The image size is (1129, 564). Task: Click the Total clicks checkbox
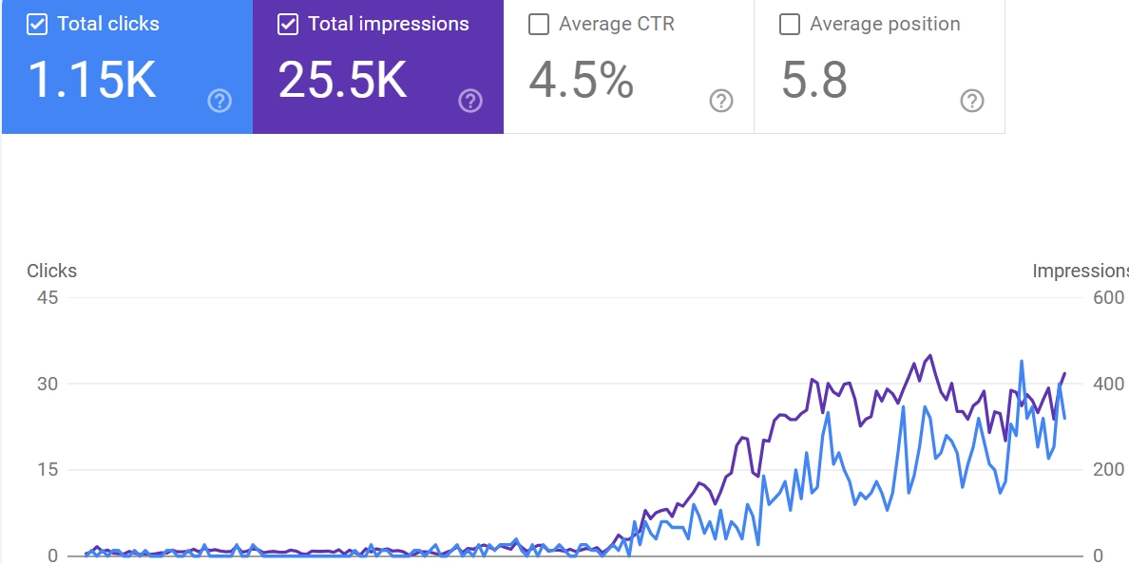click(37, 25)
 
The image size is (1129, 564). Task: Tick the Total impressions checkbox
click(288, 25)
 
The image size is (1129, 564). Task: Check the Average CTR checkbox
click(539, 25)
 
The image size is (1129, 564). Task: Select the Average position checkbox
click(790, 25)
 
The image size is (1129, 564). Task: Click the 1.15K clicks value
click(91, 80)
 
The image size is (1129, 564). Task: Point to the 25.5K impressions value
click(342, 80)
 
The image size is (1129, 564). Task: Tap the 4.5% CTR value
click(581, 80)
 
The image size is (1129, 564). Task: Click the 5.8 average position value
click(814, 80)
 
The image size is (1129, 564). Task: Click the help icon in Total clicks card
click(220, 101)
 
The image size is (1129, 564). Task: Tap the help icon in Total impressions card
click(470, 101)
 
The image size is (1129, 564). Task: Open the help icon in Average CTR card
click(721, 101)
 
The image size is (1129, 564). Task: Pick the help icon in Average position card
click(972, 101)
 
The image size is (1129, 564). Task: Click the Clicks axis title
click(51, 272)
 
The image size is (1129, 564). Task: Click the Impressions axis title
click(1080, 272)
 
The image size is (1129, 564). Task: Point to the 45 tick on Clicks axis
click(47, 298)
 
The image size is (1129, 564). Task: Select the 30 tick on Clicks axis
click(47, 384)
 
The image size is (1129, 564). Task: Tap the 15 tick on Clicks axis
click(47, 470)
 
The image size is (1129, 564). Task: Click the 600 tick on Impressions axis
click(1109, 298)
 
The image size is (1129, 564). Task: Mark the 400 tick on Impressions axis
click(1109, 384)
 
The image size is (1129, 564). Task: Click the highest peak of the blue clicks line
click(1022, 362)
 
